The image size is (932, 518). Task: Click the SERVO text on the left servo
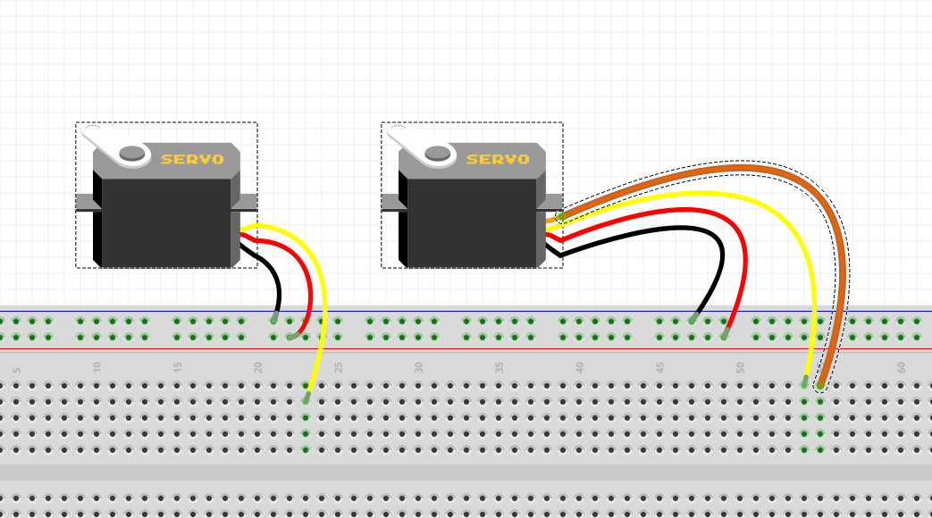192,159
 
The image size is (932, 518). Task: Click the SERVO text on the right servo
498,159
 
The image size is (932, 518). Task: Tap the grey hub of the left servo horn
132,153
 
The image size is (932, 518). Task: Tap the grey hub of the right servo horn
438,153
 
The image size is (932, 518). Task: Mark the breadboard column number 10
97,366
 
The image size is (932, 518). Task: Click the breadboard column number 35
500,366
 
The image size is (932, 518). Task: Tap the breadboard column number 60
902,366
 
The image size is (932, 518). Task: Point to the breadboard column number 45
660,366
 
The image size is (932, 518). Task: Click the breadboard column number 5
17,369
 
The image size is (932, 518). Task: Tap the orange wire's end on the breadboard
820,386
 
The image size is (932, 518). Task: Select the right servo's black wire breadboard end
693,319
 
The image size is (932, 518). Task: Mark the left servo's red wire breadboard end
291,337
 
